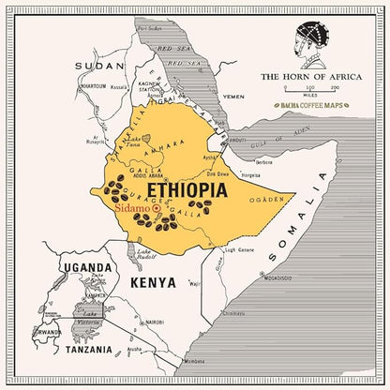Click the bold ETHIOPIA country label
187,190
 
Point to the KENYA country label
153,282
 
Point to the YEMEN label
234,96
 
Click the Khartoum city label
92,85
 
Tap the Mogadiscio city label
277,278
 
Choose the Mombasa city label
195,361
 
